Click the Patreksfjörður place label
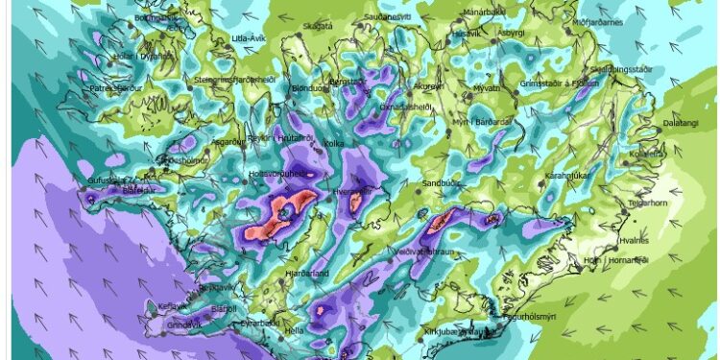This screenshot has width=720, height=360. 115,88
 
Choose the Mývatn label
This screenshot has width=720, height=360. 487,87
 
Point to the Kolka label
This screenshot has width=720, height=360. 334,144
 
